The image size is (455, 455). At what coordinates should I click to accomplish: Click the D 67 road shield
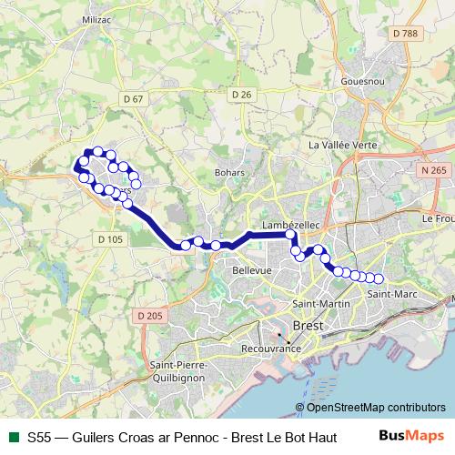point(133,98)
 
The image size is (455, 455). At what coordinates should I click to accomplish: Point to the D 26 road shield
point(240,94)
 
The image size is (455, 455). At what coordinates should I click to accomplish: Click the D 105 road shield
point(108,238)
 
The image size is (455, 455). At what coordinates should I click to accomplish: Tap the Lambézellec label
point(288,224)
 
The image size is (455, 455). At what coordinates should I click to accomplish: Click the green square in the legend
point(13,436)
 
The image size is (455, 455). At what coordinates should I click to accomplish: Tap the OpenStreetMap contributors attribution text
point(373,407)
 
